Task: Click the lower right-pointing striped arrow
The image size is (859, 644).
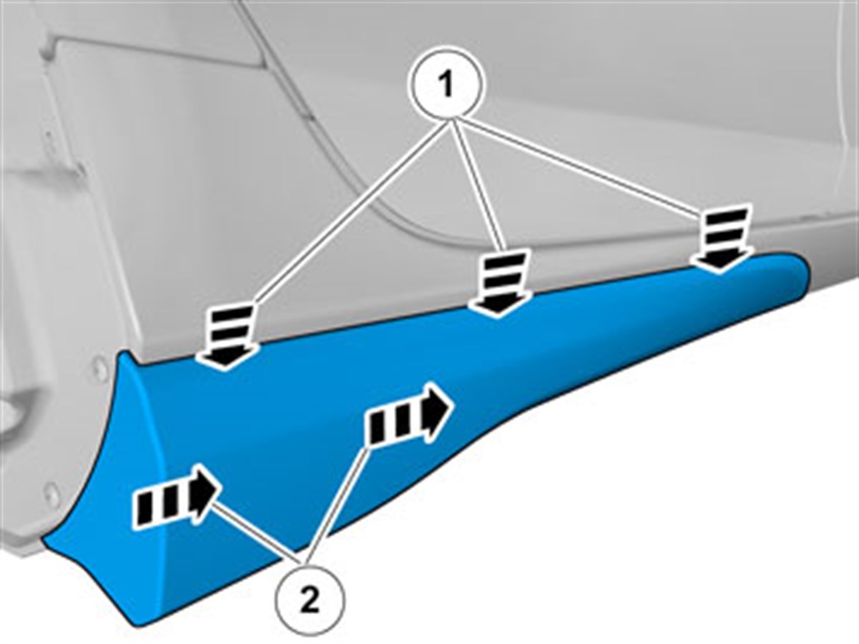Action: click(x=176, y=496)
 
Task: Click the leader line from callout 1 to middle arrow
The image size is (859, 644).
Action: click(x=477, y=185)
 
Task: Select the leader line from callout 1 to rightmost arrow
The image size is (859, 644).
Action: click(x=578, y=165)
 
